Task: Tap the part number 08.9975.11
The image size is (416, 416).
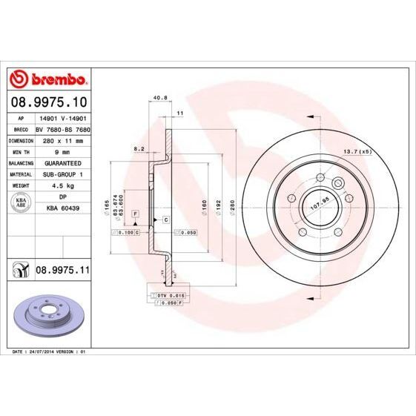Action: (63, 272)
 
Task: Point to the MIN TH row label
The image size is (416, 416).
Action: (21, 151)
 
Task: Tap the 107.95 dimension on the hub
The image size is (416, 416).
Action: (319, 200)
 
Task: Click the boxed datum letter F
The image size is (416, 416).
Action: (136, 214)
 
